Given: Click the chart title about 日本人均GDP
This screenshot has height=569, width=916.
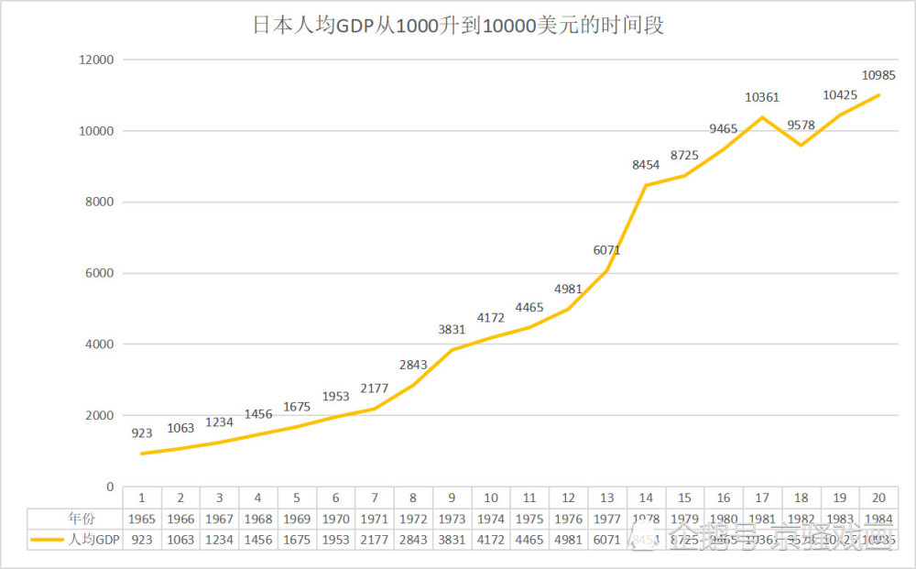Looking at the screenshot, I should coord(458,26).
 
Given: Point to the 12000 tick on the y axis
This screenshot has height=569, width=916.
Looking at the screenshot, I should coord(96,60).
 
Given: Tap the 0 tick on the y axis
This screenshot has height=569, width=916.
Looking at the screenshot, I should coord(109,487).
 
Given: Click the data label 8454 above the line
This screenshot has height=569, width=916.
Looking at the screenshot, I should coord(646,165).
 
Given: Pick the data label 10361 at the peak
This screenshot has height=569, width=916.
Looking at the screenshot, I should coord(762,97).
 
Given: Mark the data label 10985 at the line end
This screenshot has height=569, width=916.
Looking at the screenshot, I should coord(878,75).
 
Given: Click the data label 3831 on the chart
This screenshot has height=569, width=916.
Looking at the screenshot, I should coord(452,330).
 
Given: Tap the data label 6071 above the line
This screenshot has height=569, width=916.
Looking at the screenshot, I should coord(607,250).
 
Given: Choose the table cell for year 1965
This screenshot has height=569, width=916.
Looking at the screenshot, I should coord(142,519).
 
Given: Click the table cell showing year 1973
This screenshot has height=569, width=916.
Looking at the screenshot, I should coord(452,519).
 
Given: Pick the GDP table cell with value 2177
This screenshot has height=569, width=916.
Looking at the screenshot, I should coord(375,540).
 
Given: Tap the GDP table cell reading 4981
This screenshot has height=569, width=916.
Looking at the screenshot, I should coord(568,540).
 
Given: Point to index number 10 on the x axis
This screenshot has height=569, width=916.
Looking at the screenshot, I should coord(491,498).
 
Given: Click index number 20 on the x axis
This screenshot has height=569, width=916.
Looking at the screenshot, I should coord(878,498).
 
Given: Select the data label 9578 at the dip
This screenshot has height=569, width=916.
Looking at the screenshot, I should coord(801,126).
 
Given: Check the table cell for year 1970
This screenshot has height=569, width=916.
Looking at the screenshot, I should coord(336,519).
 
